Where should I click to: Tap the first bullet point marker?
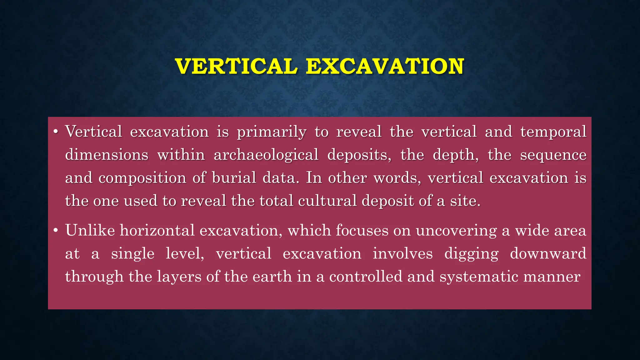pos(56,132)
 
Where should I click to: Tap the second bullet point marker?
pos(56,231)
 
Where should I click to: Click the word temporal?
pos(553,132)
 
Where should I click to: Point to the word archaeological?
pos(266,155)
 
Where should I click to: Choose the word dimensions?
pos(107,155)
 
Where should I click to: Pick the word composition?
pos(142,178)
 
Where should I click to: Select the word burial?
pos(234,177)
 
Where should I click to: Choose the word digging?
pos(471,254)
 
